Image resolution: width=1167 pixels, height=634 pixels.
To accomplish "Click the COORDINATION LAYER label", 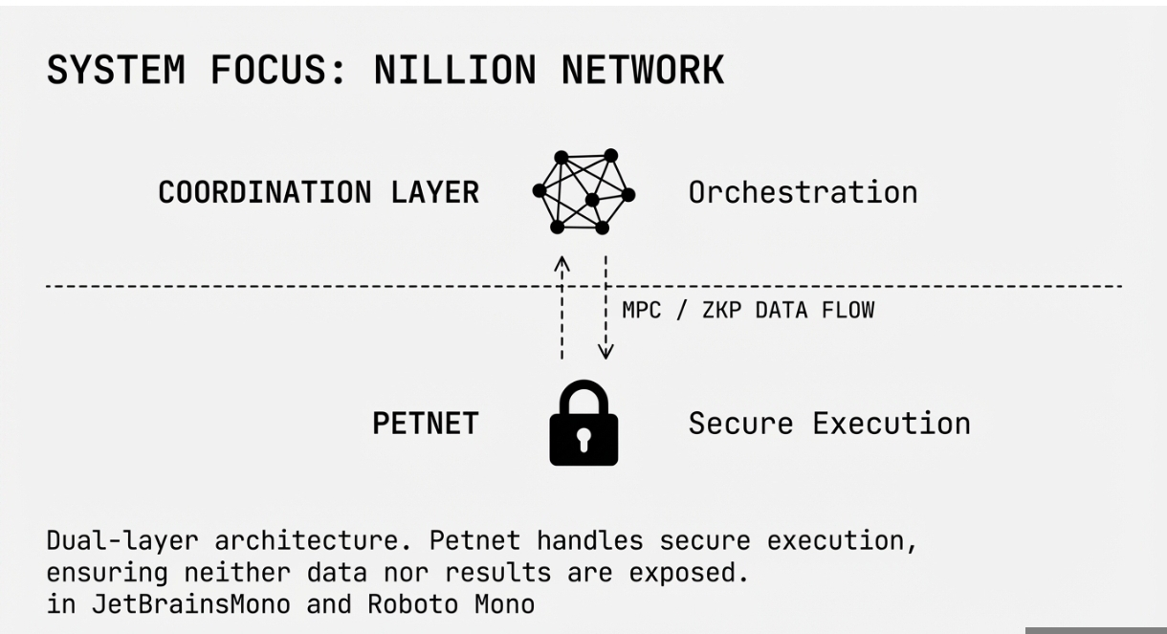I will (318, 192).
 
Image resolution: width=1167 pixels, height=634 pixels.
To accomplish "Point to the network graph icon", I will (583, 192).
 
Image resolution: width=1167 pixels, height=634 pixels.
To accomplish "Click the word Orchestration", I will (803, 192).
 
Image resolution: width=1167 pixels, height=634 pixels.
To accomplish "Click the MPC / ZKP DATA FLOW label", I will (747, 311).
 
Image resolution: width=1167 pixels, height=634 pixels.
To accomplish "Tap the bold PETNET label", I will (425, 424).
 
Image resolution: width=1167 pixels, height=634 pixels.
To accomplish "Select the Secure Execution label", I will (828, 424).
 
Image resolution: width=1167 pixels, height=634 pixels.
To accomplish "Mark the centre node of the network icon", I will (592, 200).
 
